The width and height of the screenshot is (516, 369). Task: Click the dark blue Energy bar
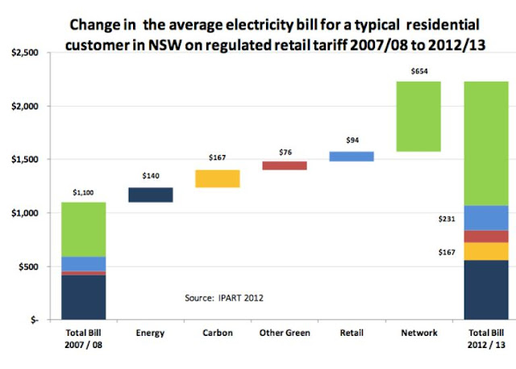(x=151, y=195)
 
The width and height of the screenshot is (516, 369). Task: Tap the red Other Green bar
(x=284, y=166)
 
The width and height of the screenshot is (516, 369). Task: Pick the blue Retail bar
(x=352, y=157)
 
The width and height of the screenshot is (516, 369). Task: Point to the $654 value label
(x=419, y=71)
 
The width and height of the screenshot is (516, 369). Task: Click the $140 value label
(x=151, y=175)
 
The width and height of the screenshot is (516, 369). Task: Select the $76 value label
(x=285, y=151)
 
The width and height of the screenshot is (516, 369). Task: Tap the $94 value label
(x=352, y=139)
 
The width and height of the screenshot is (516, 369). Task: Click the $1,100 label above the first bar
(x=83, y=192)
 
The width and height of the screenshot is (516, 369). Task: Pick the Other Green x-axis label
(x=285, y=332)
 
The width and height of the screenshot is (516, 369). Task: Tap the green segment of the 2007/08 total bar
(x=84, y=229)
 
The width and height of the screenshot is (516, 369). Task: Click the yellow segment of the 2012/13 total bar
(x=487, y=251)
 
